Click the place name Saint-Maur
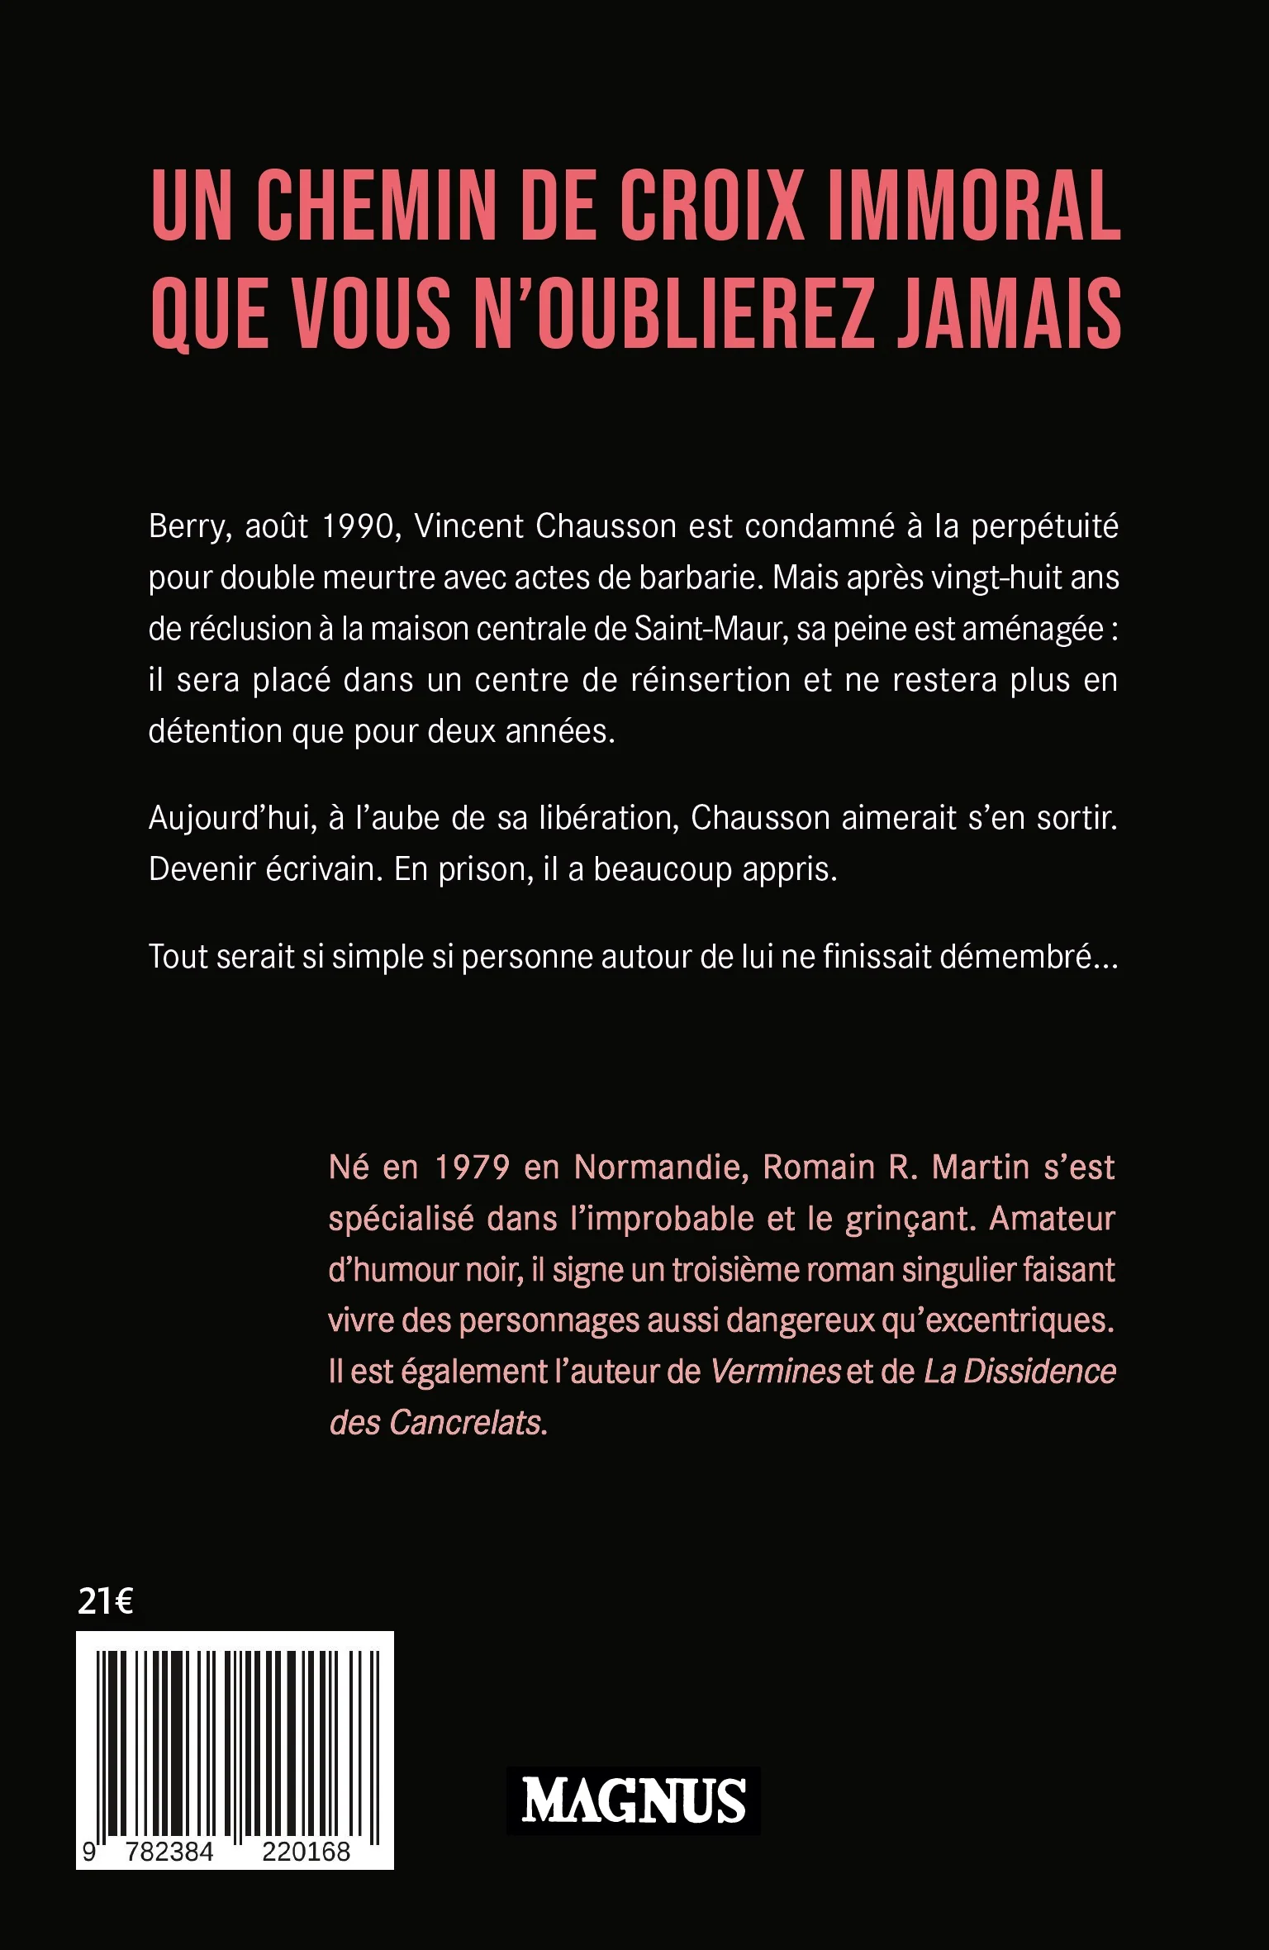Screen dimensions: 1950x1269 point(708,630)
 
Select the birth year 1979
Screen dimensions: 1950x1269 point(472,1168)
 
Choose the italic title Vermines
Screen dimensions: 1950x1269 point(775,1372)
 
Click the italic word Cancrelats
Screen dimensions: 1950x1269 point(464,1423)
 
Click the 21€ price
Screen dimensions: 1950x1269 point(106,1601)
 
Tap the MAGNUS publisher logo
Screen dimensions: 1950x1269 point(634,1801)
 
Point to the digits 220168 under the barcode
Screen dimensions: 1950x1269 point(306,1852)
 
